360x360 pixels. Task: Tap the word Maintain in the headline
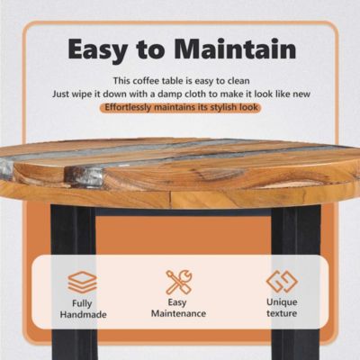pyautogui.click(x=236, y=49)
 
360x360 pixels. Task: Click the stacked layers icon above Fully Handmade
pyautogui.click(x=82, y=282)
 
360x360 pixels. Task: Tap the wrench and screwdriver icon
pyautogui.click(x=179, y=282)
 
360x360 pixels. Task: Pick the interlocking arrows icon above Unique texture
pyautogui.click(x=282, y=282)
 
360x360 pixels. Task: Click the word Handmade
pyautogui.click(x=83, y=315)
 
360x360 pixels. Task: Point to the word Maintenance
pyautogui.click(x=178, y=314)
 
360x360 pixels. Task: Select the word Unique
pyautogui.click(x=282, y=302)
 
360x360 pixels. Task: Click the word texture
pyautogui.click(x=282, y=313)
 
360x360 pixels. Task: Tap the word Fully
pyautogui.click(x=82, y=303)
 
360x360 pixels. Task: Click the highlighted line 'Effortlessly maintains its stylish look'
pyautogui.click(x=181, y=107)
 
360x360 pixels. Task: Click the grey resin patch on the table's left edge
pyautogui.click(x=6, y=168)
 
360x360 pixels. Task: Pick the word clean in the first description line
pyautogui.click(x=238, y=81)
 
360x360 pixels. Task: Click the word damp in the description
pyautogui.click(x=169, y=94)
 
